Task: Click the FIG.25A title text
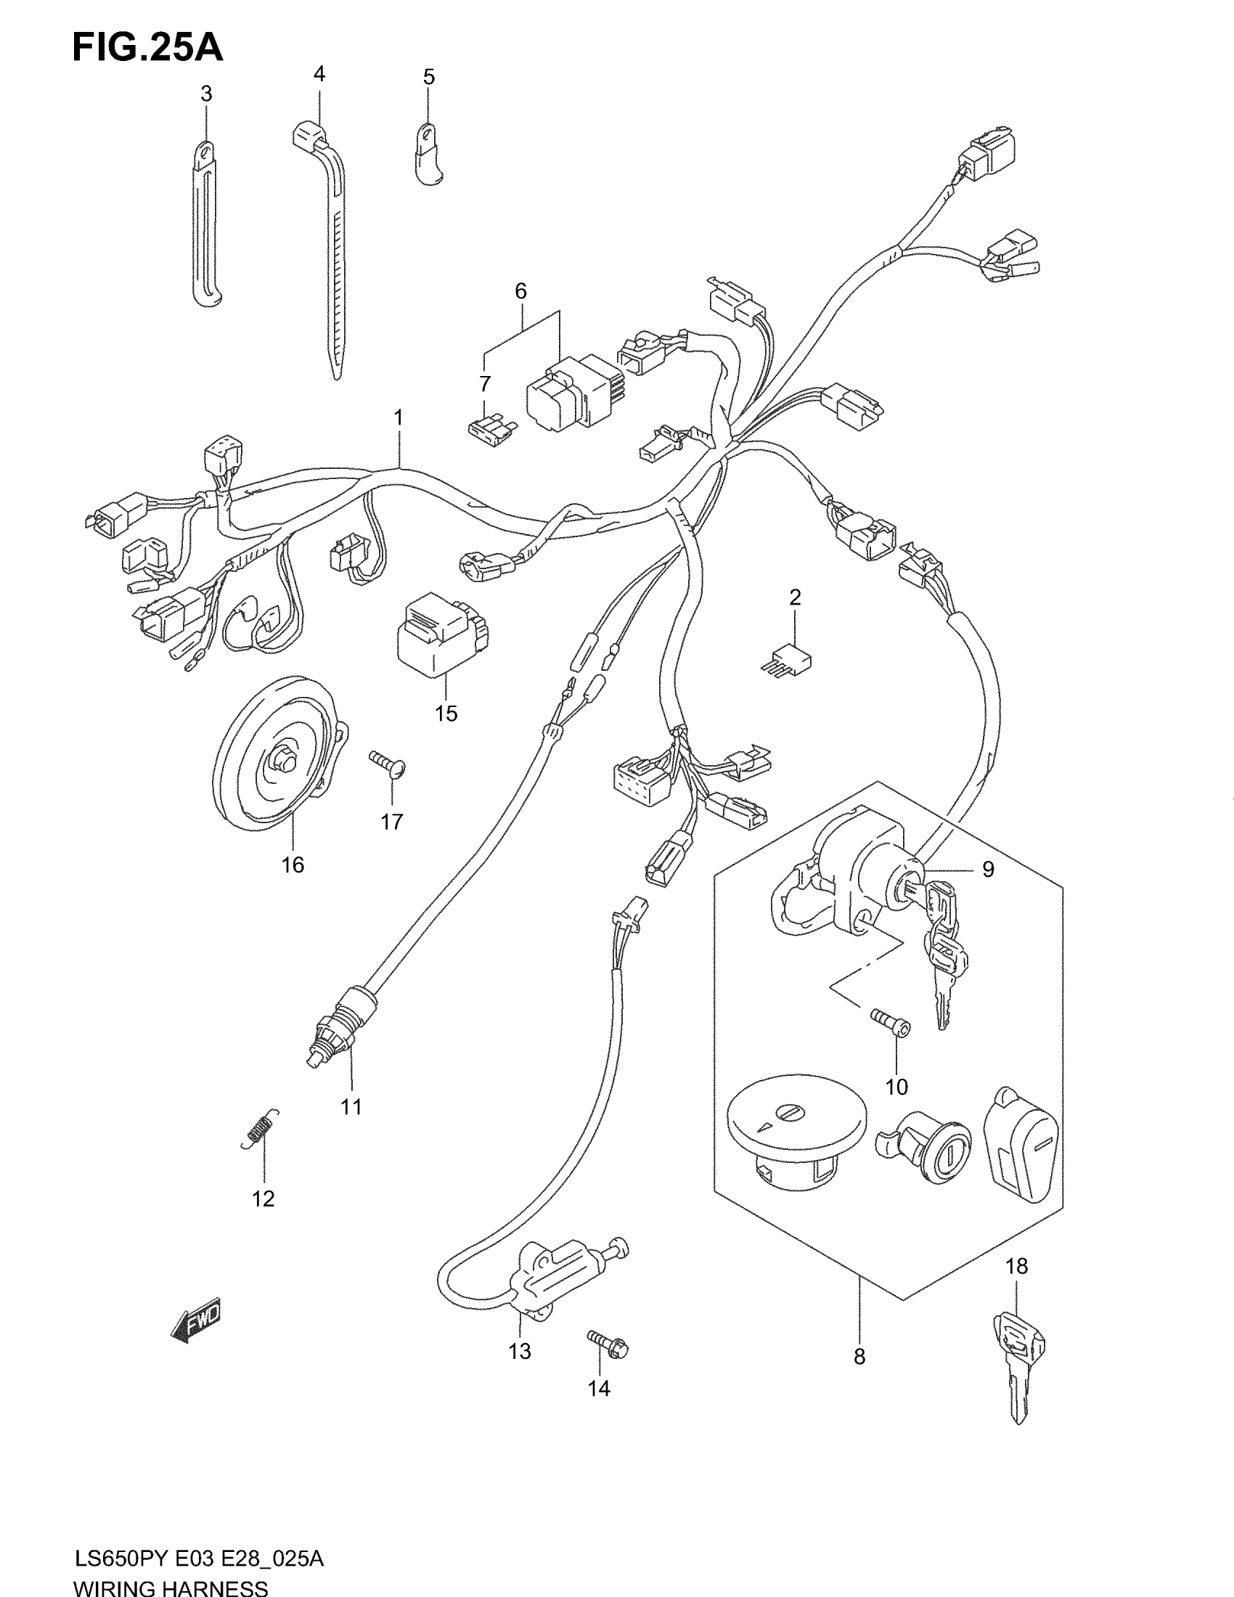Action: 147,47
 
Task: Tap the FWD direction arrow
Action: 195,1320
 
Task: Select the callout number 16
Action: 293,865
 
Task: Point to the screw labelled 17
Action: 388,764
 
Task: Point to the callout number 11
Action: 351,1107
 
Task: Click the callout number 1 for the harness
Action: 399,418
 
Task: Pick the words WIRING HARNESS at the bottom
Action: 171,1587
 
